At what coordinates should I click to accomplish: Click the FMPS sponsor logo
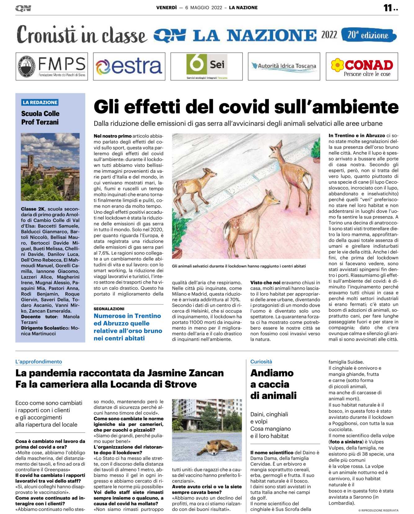coord(52,66)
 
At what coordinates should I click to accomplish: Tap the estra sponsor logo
coord(129,66)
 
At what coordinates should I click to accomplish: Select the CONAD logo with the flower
coord(362,66)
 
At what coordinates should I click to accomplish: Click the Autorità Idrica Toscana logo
coord(284,66)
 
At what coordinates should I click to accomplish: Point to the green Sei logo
coord(207,65)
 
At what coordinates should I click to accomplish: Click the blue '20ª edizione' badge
coord(368,35)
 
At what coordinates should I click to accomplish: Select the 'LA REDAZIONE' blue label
coord(40,102)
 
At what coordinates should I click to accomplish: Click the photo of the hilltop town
coord(50,167)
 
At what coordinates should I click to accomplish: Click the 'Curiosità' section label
coord(261,362)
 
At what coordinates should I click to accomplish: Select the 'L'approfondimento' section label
coord(39,362)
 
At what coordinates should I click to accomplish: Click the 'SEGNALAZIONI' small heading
coord(109,309)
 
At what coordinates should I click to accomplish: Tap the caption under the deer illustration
coord(239,266)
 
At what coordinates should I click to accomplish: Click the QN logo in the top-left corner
coord(23,8)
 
